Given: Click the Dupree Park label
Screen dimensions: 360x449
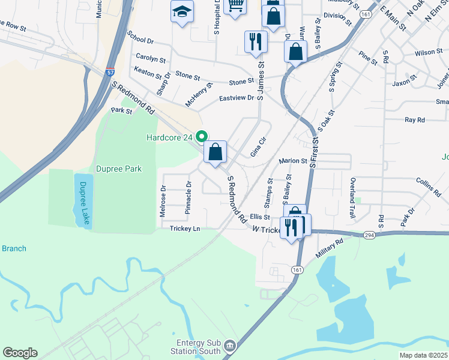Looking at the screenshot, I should pos(118,169).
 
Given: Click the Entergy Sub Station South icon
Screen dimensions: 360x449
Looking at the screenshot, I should pos(229,346).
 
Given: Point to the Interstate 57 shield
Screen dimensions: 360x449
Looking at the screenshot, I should pos(110,72).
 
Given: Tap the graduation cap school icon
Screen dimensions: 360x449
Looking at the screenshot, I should pos(181,11).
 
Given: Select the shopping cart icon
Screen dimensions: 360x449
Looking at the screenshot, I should pos(235,5).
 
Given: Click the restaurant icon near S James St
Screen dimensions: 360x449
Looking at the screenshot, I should pos(256,41).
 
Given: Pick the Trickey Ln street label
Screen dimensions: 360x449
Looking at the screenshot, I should pos(184,229).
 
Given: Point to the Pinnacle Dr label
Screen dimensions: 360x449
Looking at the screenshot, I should pos(188,197).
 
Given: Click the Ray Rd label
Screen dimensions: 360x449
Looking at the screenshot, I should pos(415,120).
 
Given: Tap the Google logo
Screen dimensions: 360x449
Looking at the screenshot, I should pos(20,353).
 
